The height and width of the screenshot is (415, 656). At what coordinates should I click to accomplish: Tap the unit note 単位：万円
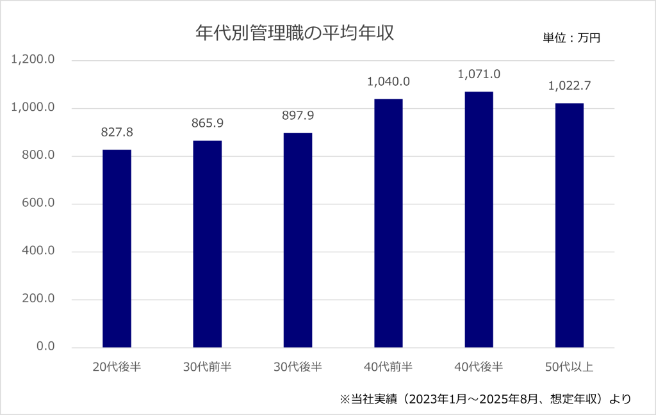click(571, 38)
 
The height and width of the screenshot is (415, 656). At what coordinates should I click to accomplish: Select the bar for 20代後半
click(117, 248)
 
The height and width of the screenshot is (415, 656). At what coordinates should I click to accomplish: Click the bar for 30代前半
click(207, 244)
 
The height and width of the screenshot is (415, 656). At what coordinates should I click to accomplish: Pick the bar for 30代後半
click(298, 240)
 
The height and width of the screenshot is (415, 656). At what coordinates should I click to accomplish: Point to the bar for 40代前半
click(388, 223)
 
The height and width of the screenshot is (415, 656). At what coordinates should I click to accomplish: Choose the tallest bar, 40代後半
click(479, 220)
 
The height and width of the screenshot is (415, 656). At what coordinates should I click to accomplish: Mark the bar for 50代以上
click(570, 225)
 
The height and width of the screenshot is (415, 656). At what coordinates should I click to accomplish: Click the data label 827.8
click(117, 133)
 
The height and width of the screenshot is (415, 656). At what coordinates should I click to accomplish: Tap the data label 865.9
click(207, 123)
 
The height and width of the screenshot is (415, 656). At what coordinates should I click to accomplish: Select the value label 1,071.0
click(479, 74)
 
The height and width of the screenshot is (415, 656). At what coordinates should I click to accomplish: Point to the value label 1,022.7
click(570, 86)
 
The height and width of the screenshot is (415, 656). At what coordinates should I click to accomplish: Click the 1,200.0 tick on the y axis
click(33, 60)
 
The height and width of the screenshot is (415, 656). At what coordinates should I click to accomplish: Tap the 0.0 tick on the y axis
click(45, 346)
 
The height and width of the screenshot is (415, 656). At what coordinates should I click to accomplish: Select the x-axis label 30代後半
click(298, 367)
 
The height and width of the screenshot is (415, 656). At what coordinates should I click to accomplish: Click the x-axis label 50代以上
click(570, 367)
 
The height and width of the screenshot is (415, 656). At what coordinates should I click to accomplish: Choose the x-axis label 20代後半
click(117, 367)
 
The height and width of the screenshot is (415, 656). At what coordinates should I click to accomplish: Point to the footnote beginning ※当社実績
click(486, 398)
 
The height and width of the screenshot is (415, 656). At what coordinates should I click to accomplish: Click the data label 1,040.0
click(388, 82)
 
